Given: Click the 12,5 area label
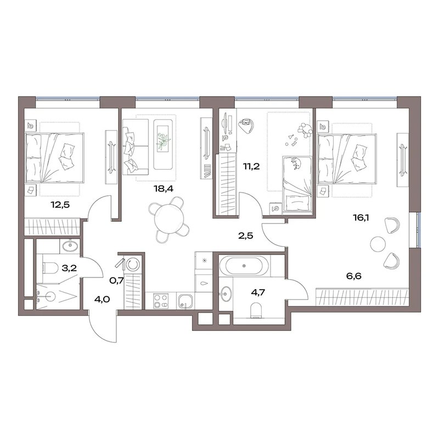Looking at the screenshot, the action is [x=60, y=205].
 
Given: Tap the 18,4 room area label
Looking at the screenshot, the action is [x=164, y=189].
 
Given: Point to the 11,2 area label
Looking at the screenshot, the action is [x=251, y=167].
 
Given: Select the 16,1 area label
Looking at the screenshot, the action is [x=361, y=217].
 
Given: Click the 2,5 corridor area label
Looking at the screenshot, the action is [x=245, y=236].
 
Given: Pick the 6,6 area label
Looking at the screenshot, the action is [x=354, y=276].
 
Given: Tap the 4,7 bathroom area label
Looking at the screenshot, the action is [x=257, y=292].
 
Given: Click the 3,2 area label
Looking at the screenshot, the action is [x=69, y=268].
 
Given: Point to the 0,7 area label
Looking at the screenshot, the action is [x=116, y=280].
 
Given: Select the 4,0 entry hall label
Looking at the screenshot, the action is [x=102, y=299].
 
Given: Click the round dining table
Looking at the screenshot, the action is [x=169, y=218].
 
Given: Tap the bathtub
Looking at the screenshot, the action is [x=244, y=265].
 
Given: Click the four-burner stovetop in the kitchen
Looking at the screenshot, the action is [x=161, y=301].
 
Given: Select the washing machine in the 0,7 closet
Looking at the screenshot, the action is [x=132, y=264].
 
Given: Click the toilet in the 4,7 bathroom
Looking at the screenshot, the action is [x=256, y=311].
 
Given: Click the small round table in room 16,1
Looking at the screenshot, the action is [x=378, y=244].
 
